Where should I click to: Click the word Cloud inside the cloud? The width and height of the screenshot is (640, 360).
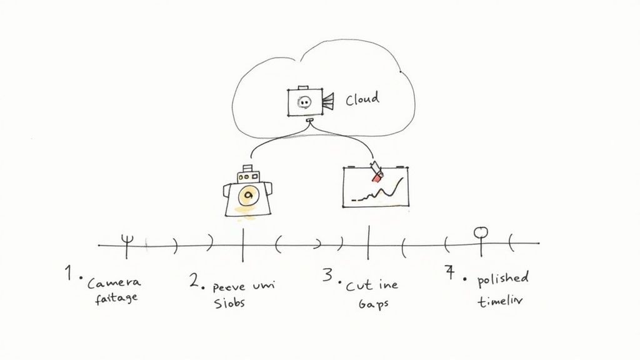[x=362, y=99]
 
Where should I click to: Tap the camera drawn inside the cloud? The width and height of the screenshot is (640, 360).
[x=304, y=102]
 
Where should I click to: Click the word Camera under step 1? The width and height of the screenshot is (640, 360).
[x=114, y=283]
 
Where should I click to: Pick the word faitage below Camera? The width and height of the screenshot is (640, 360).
[x=116, y=298]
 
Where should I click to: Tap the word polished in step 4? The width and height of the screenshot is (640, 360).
[x=503, y=278]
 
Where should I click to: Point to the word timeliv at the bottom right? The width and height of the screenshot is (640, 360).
[x=501, y=300]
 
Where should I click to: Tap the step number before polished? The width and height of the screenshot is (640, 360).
[x=449, y=272]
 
